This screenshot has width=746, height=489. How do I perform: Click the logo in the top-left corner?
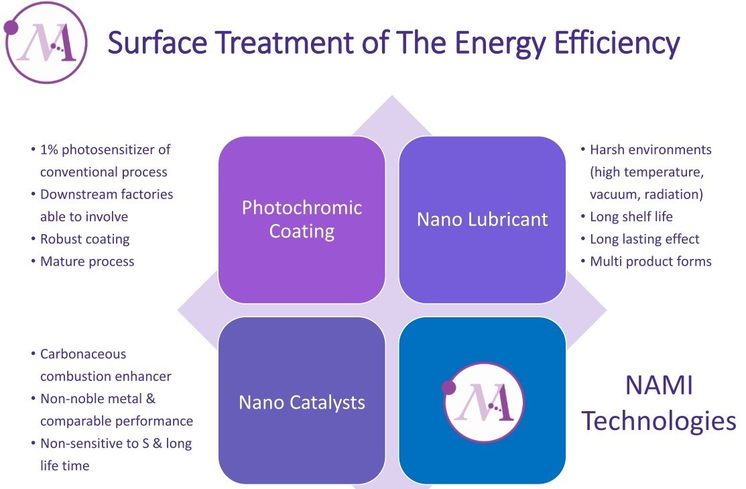pos(46,43)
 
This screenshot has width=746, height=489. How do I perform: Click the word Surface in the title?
pos(158,42)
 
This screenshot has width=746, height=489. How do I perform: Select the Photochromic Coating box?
pos(302,219)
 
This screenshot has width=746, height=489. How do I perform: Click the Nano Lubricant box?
pos(482,219)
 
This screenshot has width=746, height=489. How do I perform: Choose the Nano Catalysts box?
pos(302,400)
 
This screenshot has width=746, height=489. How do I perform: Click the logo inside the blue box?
pos(483,402)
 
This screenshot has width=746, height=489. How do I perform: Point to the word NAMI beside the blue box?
pos(658,385)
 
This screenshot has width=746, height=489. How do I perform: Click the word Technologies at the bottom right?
pos(659,421)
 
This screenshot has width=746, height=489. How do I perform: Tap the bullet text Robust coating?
pos(84,239)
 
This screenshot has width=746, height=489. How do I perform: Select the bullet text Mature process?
pos(87,262)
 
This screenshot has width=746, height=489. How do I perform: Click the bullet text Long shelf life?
pos(631,217)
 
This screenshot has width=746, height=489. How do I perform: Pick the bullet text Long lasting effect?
pos(645,239)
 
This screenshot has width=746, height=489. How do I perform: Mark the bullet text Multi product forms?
pos(651,262)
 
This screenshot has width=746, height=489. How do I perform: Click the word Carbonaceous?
pos(83,354)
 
